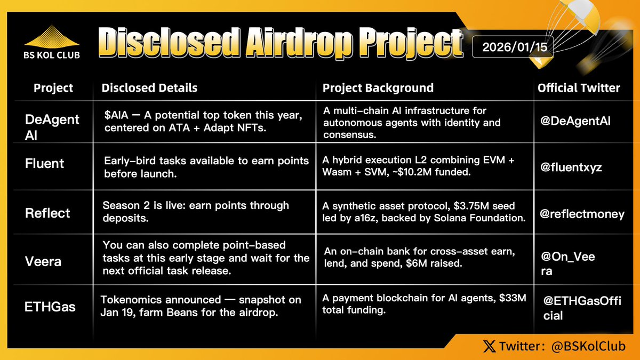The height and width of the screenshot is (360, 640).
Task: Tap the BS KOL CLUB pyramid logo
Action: [x=53, y=37]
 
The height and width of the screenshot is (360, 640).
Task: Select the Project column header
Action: [x=53, y=88]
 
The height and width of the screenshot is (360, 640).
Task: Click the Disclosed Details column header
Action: [x=149, y=88]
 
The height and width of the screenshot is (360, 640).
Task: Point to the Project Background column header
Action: [x=378, y=88]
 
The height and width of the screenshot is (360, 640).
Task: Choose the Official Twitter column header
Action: [x=579, y=88]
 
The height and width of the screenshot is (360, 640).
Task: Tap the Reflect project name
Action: [x=47, y=213]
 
